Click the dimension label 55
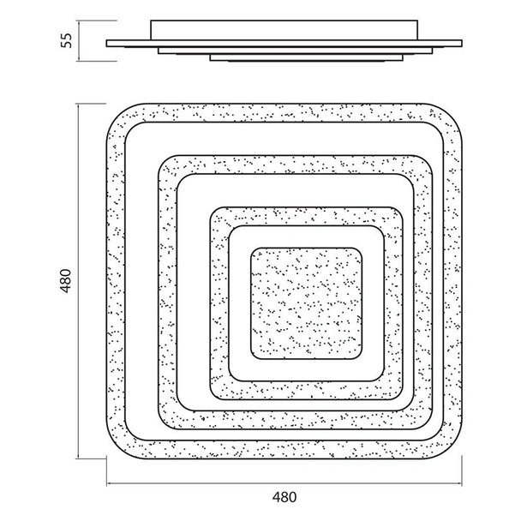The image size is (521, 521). pos(67,40)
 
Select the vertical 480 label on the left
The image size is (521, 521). pos(66,281)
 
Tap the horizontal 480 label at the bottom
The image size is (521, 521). pos(284,497)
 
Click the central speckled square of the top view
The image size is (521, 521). pos(306,303)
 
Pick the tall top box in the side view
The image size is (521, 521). pos(284,30)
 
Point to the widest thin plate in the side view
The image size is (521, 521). pos(284,44)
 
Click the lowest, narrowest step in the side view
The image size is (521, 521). pos(307,57)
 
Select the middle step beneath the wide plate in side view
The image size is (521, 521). pos(295,51)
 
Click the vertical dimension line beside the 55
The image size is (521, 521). pos(79,40)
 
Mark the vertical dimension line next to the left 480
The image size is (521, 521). pos(78,281)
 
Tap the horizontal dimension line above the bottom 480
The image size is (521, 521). pos(284,483)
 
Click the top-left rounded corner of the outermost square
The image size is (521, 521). pos(114,111)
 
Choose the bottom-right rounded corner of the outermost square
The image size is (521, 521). pos(454,452)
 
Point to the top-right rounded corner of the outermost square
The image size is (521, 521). pos(454,111)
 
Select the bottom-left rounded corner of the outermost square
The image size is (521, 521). pos(114,452)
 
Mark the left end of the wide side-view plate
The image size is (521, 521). pos(106,44)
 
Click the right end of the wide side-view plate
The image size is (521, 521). pos(462,44)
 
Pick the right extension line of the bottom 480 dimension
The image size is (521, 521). pos(462,471)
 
